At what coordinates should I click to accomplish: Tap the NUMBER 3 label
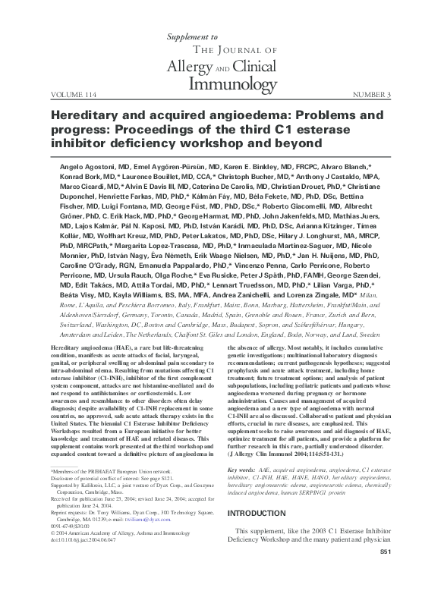(x=372, y=96)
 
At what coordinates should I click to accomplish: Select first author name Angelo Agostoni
(x=103, y=165)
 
